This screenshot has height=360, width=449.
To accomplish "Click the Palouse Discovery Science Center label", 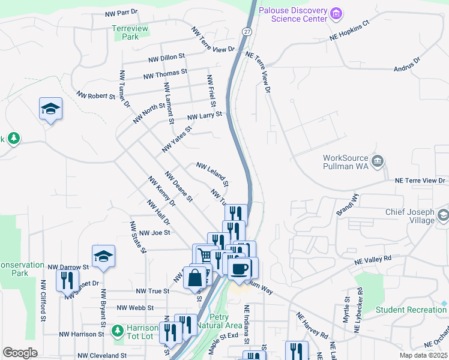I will pyautogui.click(x=293, y=14).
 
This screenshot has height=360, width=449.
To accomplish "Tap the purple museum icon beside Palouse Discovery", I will pyautogui.click(x=336, y=13).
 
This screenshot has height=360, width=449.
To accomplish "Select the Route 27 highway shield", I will pyautogui.click(x=247, y=31).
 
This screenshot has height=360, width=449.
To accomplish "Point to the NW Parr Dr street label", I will pyautogui.click(x=121, y=12).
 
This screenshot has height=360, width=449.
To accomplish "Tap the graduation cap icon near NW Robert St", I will pyautogui.click(x=51, y=109).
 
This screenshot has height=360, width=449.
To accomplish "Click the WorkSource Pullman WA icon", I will pyautogui.click(x=378, y=161).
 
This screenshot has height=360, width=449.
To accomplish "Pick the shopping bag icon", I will pyautogui.click(x=196, y=278).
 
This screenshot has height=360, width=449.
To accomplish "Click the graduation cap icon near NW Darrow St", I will pyautogui.click(x=103, y=256).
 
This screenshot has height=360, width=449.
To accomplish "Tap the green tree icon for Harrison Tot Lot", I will pyautogui.click(x=117, y=330).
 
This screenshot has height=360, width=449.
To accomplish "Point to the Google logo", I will pyautogui.click(x=20, y=353).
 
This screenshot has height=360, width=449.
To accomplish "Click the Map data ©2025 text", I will pyautogui.click(x=423, y=355).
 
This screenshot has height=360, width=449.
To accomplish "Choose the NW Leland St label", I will pyautogui.click(x=212, y=173).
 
